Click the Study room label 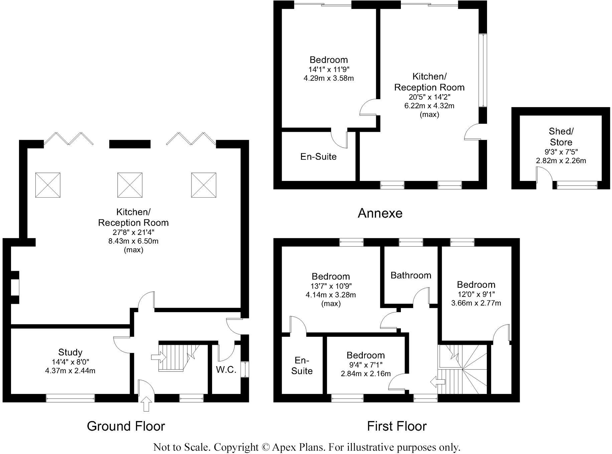(x=70, y=352)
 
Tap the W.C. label (x=226, y=370)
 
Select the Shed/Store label (x=561, y=137)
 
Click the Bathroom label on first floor (x=411, y=275)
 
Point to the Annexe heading (x=380, y=213)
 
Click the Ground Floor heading (x=126, y=426)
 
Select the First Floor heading (x=397, y=426)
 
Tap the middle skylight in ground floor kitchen (x=130, y=185)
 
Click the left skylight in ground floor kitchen (x=48, y=185)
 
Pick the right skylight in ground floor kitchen (x=203, y=185)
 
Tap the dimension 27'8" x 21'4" (x=133, y=232)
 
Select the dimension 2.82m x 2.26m (x=561, y=161)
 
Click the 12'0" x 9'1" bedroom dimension (x=476, y=294)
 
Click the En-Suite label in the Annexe (x=318, y=157)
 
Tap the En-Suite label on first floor (x=302, y=366)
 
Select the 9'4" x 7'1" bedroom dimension (x=365, y=365)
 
